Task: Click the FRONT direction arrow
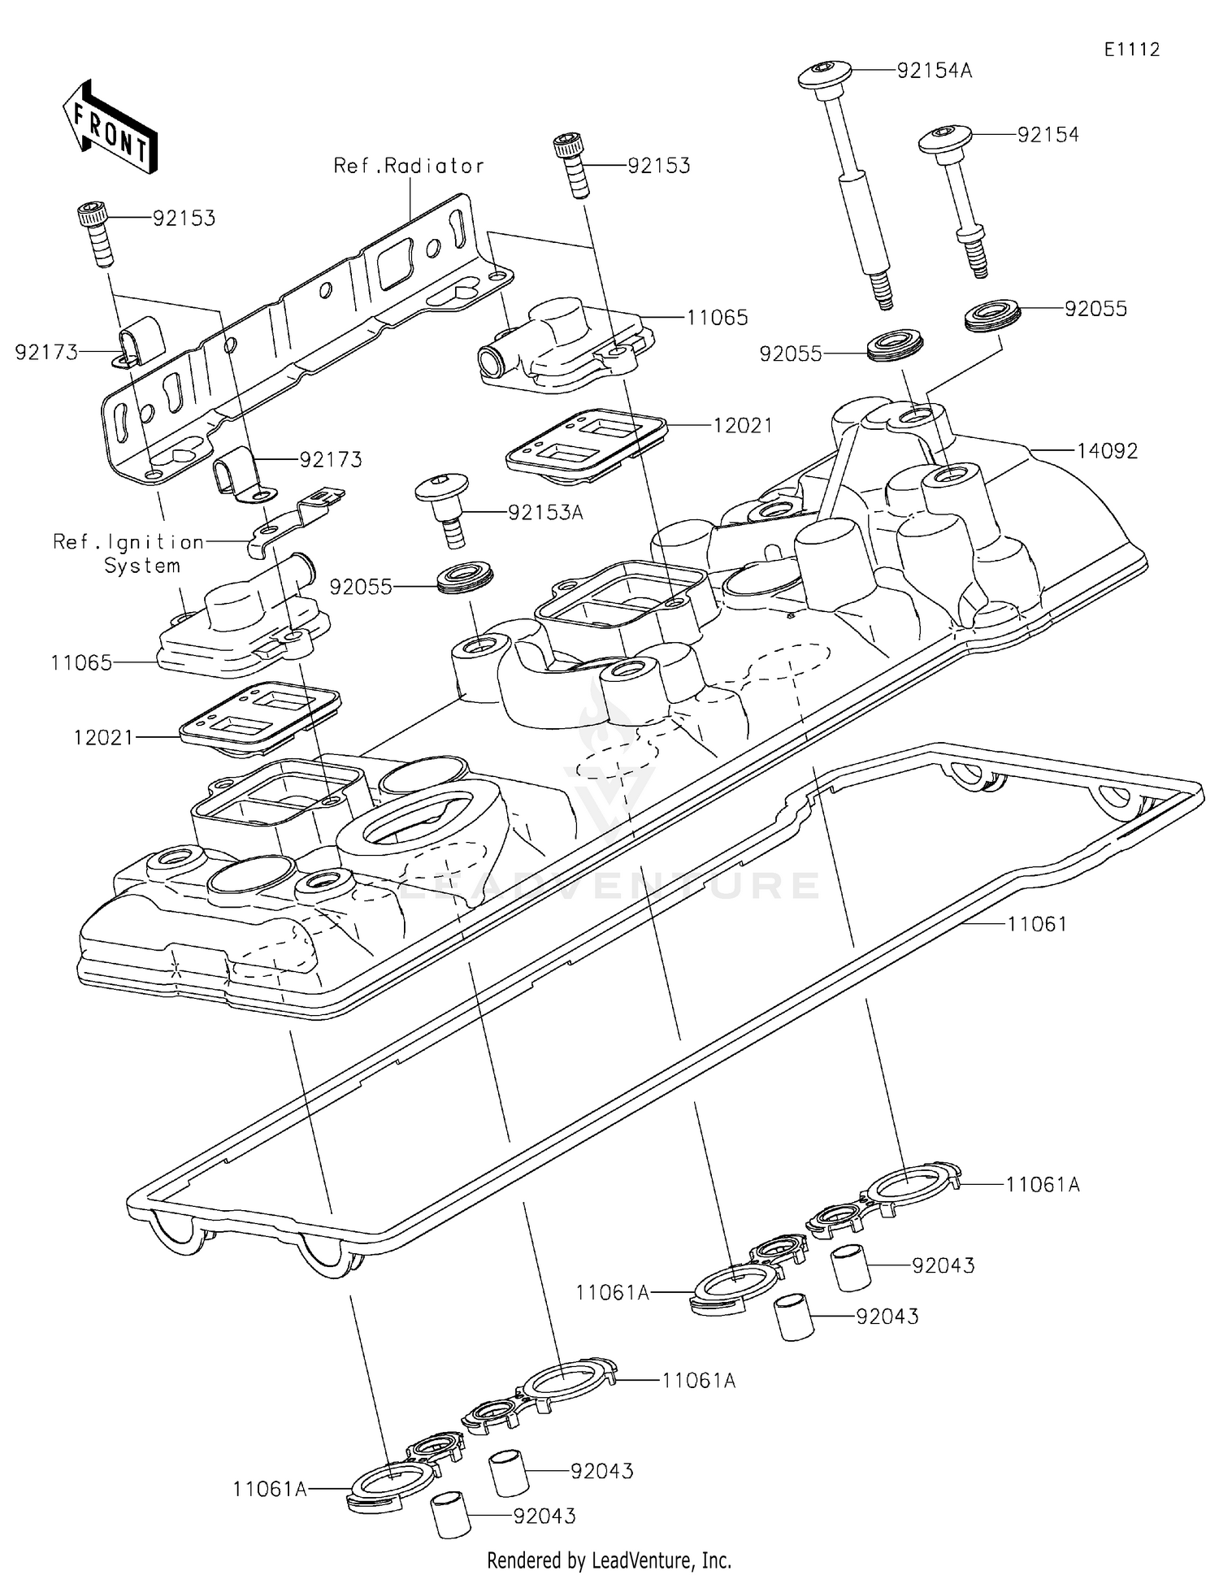110,127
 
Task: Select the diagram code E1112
1131,50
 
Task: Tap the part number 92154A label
934,71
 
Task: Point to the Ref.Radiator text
409,166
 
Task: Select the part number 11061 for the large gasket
1037,924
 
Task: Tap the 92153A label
545,513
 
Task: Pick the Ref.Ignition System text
128,553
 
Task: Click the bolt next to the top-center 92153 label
572,165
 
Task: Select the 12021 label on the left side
103,738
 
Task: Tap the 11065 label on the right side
717,317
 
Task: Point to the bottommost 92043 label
544,1516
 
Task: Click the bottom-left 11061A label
270,1489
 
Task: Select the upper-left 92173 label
46,352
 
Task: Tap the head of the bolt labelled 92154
946,137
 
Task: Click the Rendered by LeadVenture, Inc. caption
609,1560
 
